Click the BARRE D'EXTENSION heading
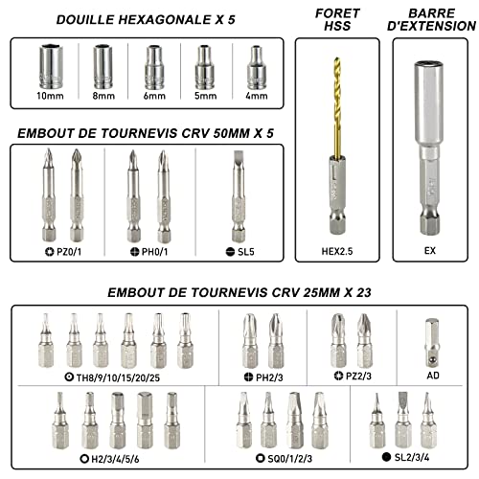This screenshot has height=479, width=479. click(428, 22)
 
